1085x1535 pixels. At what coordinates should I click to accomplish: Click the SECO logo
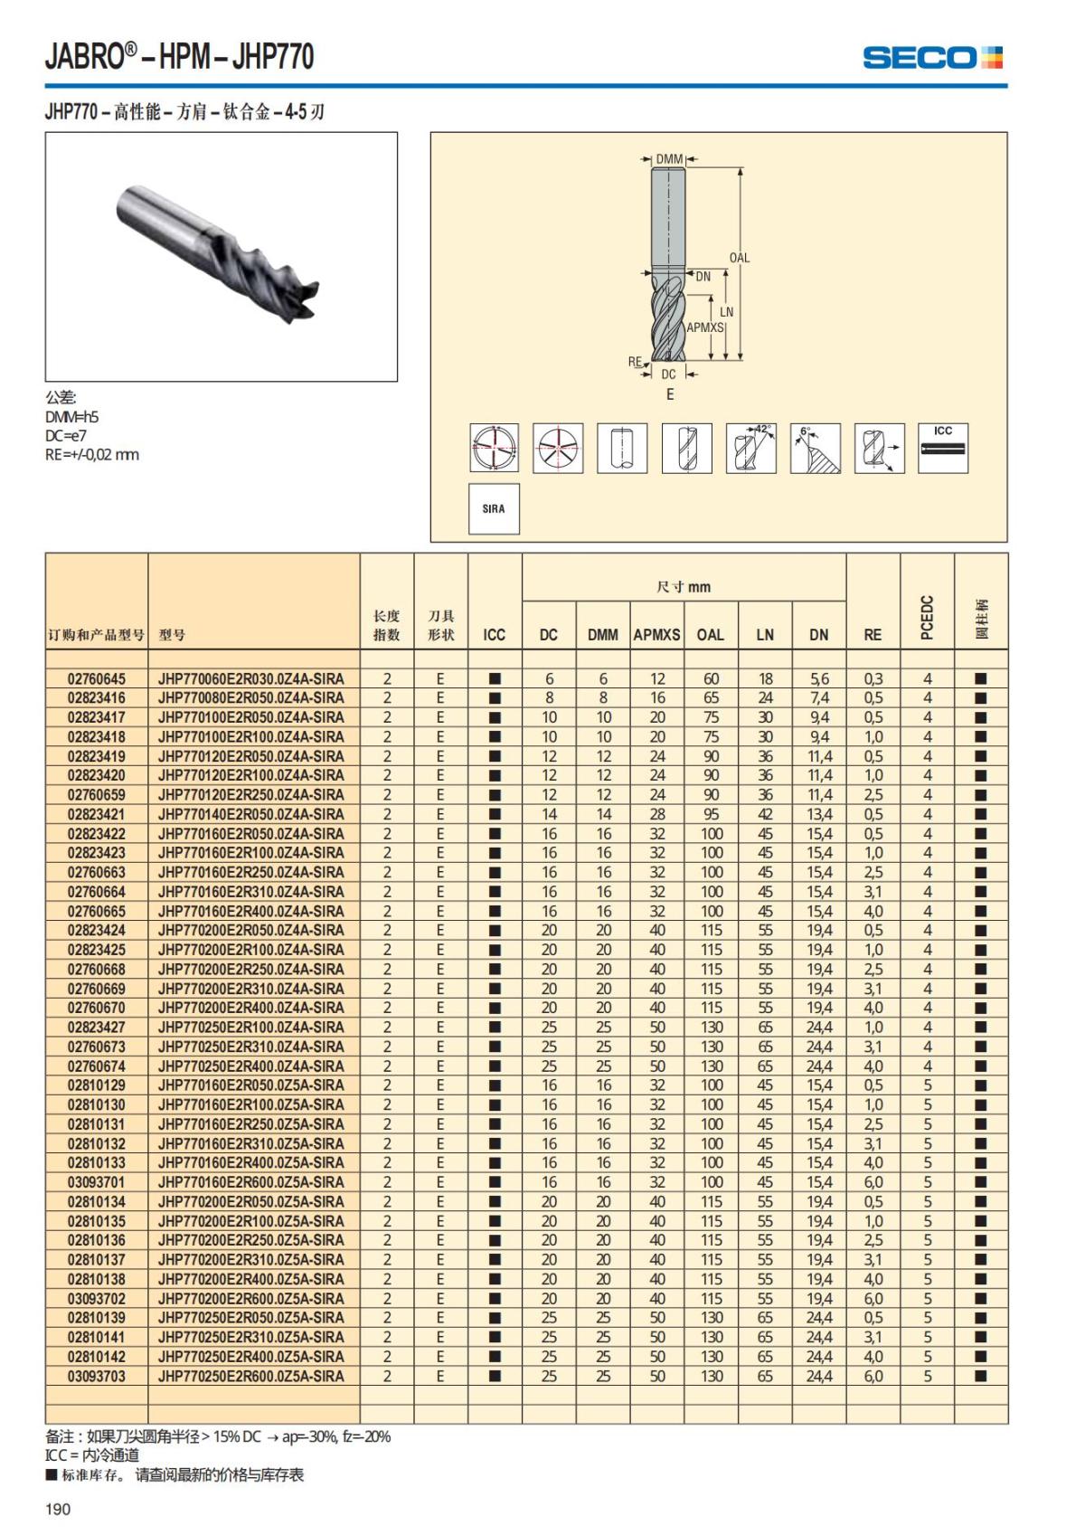click(932, 58)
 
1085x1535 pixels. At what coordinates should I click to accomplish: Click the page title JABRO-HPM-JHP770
click(179, 57)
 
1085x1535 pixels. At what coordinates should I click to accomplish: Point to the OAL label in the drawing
click(740, 258)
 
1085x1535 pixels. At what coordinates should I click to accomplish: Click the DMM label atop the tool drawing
click(669, 159)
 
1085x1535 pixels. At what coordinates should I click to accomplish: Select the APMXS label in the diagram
click(705, 327)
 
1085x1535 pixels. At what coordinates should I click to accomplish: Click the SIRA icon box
click(494, 508)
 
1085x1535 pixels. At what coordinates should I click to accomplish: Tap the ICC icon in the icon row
click(943, 447)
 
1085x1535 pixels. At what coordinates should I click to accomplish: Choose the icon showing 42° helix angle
click(751, 448)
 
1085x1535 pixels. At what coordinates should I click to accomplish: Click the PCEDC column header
click(927, 617)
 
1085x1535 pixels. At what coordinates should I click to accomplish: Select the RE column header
click(873, 635)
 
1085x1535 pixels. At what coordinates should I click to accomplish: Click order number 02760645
click(97, 678)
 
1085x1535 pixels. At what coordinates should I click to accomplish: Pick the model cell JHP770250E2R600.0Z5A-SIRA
click(251, 1376)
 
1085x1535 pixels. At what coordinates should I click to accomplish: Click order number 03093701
click(97, 1182)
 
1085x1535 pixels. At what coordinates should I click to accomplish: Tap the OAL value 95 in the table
click(712, 814)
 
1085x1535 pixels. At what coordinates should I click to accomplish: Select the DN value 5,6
click(819, 678)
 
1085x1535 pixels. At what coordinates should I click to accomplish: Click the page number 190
click(58, 1509)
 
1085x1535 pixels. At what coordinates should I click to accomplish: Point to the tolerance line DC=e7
click(66, 435)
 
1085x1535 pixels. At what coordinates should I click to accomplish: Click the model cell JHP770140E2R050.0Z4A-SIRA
click(251, 814)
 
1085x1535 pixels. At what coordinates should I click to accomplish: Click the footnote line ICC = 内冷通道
click(92, 1455)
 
